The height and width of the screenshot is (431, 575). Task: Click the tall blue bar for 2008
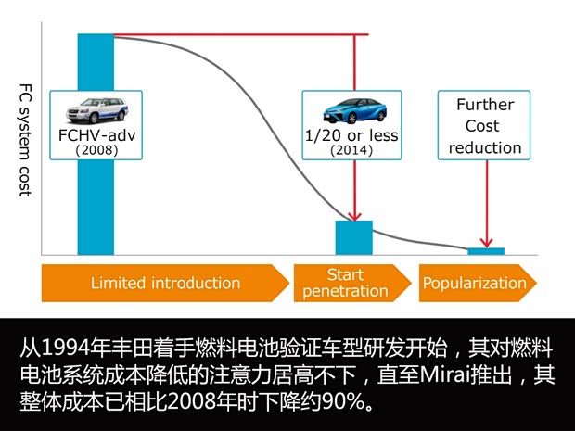[x=96, y=204]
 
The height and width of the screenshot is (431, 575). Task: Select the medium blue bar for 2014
[x=353, y=237]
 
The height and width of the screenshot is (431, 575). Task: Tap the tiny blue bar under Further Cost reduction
[x=486, y=251]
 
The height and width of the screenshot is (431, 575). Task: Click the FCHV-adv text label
[x=96, y=135]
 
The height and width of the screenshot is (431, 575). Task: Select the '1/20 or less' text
[x=351, y=135]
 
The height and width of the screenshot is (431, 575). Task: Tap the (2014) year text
[x=351, y=149]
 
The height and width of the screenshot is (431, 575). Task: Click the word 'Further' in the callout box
[x=485, y=105]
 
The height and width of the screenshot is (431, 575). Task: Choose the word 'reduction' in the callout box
[x=485, y=147]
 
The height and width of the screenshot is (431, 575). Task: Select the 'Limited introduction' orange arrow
[x=164, y=284]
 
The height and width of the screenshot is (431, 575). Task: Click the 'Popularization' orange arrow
[x=475, y=284]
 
